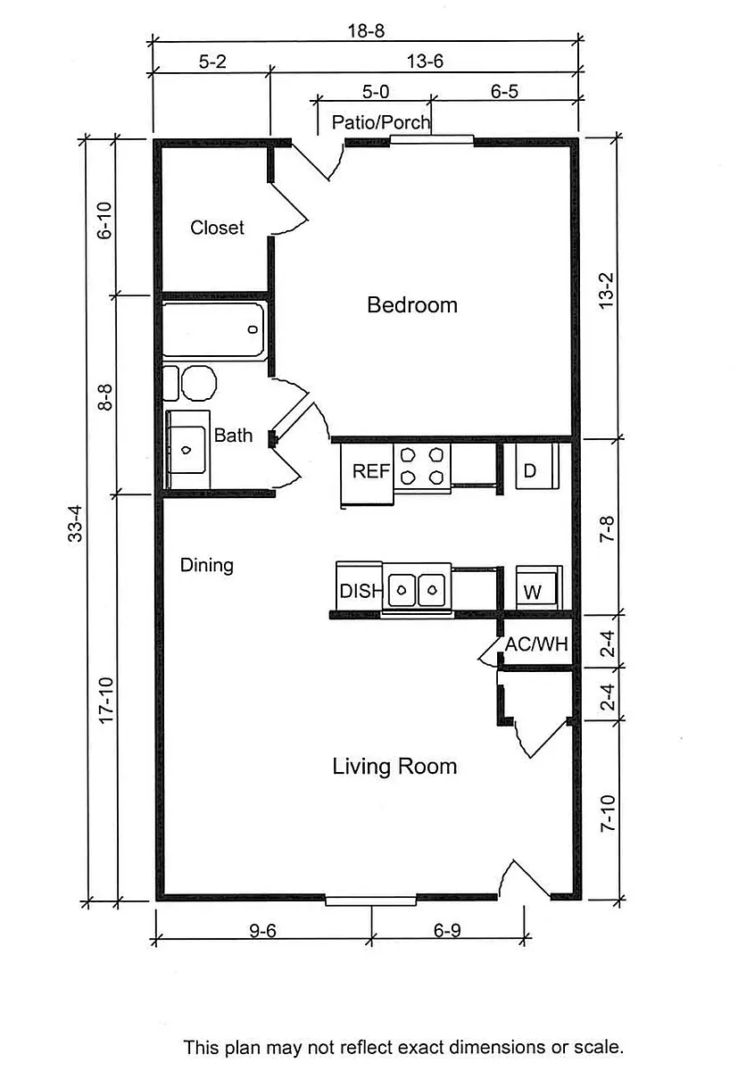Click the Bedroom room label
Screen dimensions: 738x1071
pyautogui.click(x=412, y=305)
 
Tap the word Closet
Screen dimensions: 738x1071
pyautogui.click(x=217, y=228)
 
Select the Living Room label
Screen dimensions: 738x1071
pyautogui.click(x=394, y=767)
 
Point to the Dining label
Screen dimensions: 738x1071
pyautogui.click(x=206, y=566)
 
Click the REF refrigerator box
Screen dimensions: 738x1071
pyautogui.click(x=367, y=473)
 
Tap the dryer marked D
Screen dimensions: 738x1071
pyautogui.click(x=537, y=466)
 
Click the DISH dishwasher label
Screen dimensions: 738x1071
pyautogui.click(x=361, y=592)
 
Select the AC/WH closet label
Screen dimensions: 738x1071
pyautogui.click(x=536, y=644)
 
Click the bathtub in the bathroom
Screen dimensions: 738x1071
pyautogui.click(x=213, y=330)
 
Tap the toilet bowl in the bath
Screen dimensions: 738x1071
pyautogui.click(x=199, y=383)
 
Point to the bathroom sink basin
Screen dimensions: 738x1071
pyautogui.click(x=186, y=450)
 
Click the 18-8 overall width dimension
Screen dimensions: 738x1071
pyautogui.click(x=366, y=31)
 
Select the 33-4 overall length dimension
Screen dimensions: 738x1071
pyautogui.click(x=75, y=524)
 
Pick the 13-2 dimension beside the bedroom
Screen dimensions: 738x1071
pyautogui.click(x=606, y=291)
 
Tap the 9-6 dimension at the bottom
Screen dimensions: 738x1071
pyautogui.click(x=263, y=930)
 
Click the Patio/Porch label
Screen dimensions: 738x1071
pyautogui.click(x=381, y=122)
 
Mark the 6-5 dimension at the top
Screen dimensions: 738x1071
pyautogui.click(x=504, y=91)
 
